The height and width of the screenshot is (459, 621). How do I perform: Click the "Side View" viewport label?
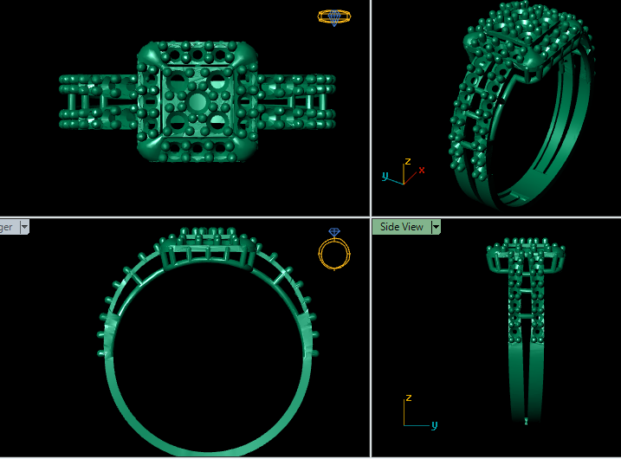[x=402, y=227]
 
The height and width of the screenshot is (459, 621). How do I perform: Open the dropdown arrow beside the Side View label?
[x=436, y=227]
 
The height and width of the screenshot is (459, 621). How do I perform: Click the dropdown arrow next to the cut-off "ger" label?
[x=24, y=227]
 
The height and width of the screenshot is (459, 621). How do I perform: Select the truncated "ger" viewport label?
[x=6, y=227]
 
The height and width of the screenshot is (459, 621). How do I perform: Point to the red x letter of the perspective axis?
[x=422, y=170]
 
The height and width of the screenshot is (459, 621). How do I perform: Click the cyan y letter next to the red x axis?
[x=385, y=176]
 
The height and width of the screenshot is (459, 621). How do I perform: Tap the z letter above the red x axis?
[x=408, y=161]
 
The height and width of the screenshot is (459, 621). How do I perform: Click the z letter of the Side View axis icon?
[x=407, y=398]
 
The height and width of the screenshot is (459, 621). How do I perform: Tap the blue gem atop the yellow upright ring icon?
[x=334, y=232]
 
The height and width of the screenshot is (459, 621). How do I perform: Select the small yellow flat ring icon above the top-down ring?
[x=334, y=16]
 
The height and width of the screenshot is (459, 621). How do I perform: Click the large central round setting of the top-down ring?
[x=197, y=102]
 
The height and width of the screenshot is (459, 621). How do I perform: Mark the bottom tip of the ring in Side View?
[x=527, y=422]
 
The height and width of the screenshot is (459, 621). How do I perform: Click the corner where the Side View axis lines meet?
[x=405, y=426]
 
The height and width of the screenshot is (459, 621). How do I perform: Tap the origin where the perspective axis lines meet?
[x=404, y=182]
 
